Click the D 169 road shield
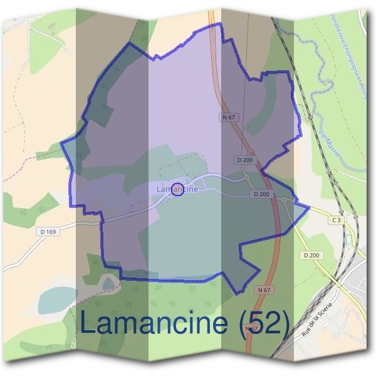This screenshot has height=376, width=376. (x=48, y=232)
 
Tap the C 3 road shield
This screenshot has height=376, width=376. (x=337, y=220)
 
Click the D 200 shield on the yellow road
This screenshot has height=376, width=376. (x=311, y=255)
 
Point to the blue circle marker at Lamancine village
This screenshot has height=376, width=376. (x=177, y=189)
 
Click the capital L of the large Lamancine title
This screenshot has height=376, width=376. (x=89, y=323)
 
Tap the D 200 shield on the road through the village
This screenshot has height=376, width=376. (x=263, y=194)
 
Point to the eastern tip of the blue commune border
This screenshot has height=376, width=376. (x=309, y=207)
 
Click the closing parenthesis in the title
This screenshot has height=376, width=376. (x=285, y=325)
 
